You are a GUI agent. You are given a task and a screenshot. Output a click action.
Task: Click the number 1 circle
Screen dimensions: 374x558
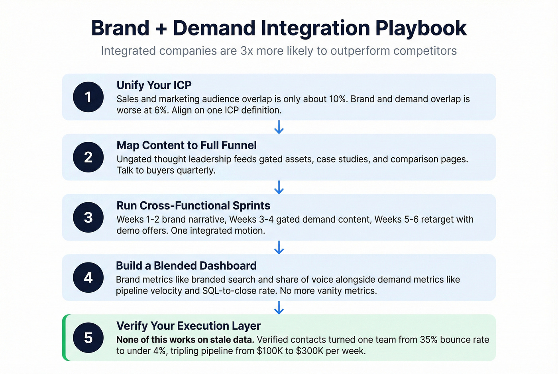88,97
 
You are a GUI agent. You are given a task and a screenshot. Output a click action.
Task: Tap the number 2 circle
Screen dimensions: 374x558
88,157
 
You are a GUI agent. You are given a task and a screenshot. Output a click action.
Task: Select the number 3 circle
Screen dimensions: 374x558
88,217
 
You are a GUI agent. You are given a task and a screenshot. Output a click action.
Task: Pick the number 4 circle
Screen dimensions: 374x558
88,278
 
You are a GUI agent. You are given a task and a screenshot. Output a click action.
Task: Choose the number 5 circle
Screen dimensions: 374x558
88,338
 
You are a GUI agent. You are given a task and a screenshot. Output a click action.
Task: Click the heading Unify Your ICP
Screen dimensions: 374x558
154,85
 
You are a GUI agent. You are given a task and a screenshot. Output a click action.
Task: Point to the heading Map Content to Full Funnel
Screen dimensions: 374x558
187,145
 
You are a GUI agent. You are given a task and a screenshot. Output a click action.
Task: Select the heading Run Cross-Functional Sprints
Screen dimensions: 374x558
193,206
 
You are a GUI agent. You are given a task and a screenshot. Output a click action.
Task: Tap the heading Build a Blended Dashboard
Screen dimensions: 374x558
186,266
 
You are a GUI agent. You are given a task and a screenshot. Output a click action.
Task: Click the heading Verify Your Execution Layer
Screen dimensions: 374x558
189,326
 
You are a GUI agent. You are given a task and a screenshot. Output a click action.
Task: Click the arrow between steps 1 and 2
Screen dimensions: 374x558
279,127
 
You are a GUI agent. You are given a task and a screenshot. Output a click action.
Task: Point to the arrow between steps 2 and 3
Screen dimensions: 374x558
279,187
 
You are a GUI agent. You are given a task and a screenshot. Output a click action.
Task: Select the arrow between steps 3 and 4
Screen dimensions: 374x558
279,247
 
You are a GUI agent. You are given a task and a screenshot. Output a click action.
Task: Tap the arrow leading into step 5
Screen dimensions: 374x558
279,307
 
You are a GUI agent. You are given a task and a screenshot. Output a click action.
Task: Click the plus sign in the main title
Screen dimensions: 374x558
161,29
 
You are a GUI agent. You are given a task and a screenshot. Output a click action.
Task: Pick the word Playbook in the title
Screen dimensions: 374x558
421,29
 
